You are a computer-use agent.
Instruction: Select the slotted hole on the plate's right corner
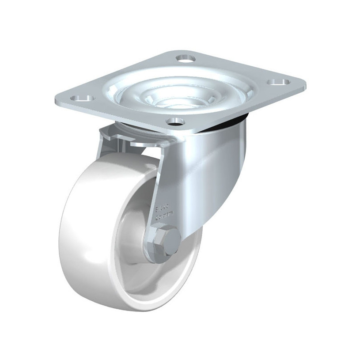tap(278, 82)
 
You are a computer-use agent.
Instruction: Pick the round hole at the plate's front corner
tap(176, 120)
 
